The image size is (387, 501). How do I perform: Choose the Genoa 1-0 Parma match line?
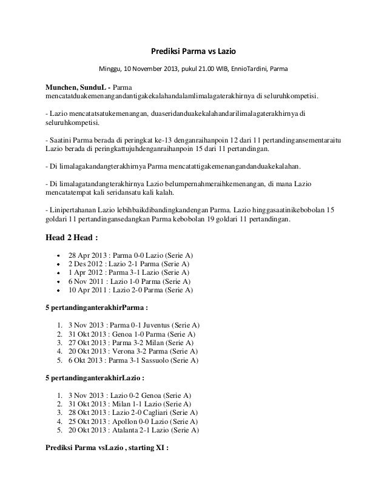(x=132, y=334)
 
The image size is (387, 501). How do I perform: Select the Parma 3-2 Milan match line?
(x=131, y=343)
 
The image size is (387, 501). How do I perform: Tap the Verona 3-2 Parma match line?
(x=132, y=351)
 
